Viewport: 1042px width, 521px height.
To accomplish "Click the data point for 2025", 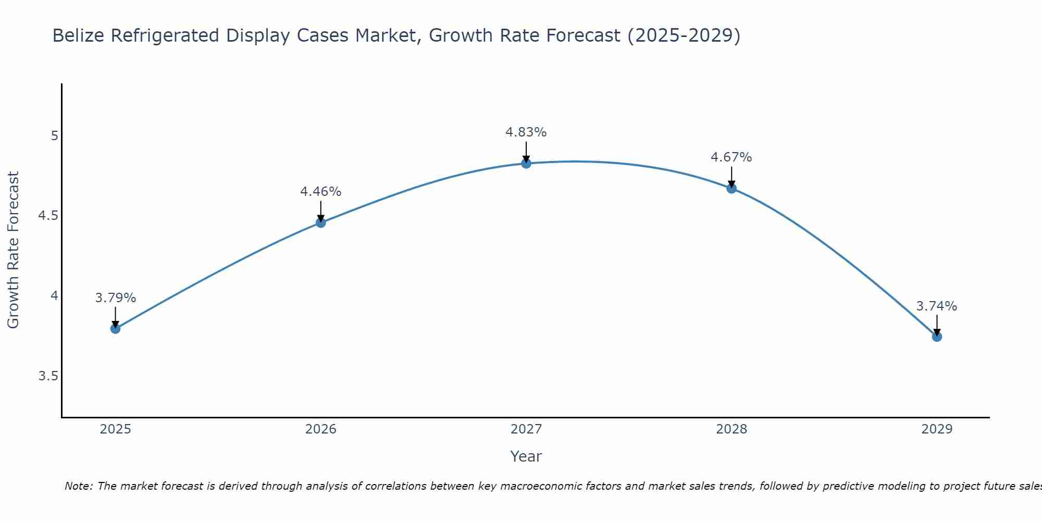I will coord(115,329).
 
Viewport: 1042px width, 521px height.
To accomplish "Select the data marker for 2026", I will coord(320,222).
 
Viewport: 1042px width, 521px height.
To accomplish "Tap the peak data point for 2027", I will coord(526,164).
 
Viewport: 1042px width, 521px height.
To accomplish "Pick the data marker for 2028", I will coord(731,189).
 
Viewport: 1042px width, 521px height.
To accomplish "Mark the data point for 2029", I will coord(937,337).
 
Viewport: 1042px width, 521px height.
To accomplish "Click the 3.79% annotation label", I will coord(115,298).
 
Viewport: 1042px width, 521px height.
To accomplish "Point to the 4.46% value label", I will coord(320,192).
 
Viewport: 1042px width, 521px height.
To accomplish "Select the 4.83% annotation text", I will coord(526,132).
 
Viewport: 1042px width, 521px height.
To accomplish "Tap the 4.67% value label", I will coord(731,157).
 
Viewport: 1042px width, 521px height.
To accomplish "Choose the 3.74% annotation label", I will coord(937,306).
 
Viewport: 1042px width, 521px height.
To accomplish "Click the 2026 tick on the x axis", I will coord(320,429).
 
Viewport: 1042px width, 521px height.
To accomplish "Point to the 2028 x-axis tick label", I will coord(731,429).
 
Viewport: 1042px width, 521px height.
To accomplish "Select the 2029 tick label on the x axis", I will coord(937,429).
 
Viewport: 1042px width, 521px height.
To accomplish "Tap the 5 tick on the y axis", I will coord(54,136).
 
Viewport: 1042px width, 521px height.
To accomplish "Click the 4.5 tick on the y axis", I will coord(48,216).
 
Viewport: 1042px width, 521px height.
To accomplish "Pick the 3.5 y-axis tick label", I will coord(48,376).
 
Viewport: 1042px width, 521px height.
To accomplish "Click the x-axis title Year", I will coord(526,456).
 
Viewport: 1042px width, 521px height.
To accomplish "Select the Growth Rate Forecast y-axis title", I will coord(14,250).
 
